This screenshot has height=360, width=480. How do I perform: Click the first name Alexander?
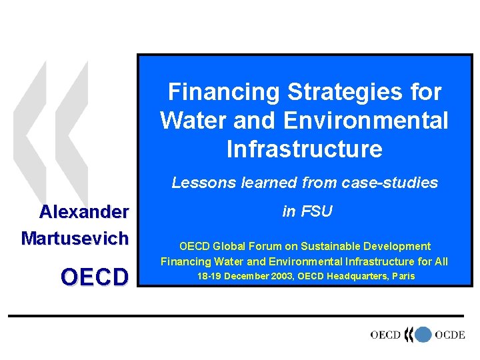[84, 213]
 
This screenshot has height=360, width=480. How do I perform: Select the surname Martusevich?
[75, 238]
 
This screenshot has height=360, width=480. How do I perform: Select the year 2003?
[283, 276]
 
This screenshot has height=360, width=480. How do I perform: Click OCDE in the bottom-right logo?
[449, 335]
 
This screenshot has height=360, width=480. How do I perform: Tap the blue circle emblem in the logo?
[423, 335]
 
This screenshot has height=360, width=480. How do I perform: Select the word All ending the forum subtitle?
[440, 261]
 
